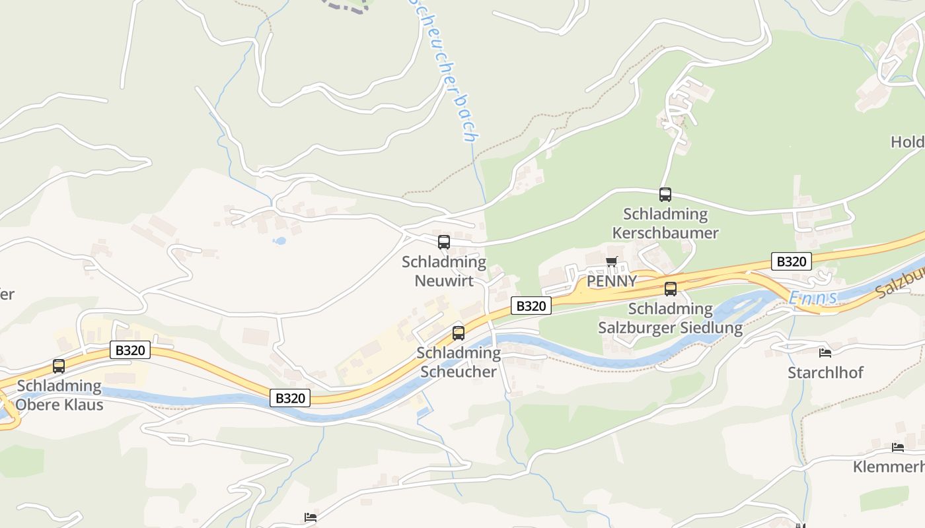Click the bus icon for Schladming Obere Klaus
[x=59, y=366]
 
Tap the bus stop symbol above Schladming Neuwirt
[x=444, y=242]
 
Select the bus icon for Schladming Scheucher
[x=459, y=333]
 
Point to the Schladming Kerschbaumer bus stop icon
[x=665, y=195]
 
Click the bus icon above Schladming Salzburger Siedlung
[x=671, y=289]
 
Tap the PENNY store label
[x=612, y=281]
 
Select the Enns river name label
[x=813, y=298]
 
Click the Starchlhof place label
[x=825, y=372]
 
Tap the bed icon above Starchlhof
[x=825, y=353]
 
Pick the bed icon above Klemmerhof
[x=898, y=447]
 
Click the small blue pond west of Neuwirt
[x=279, y=241]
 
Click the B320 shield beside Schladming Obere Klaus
[x=130, y=350]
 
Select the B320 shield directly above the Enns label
[x=791, y=261]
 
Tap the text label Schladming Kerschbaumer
[x=665, y=224]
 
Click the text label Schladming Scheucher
[x=459, y=362]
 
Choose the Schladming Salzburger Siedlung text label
[x=671, y=318]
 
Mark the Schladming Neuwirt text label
[x=444, y=271]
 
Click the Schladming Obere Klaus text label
[x=59, y=395]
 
